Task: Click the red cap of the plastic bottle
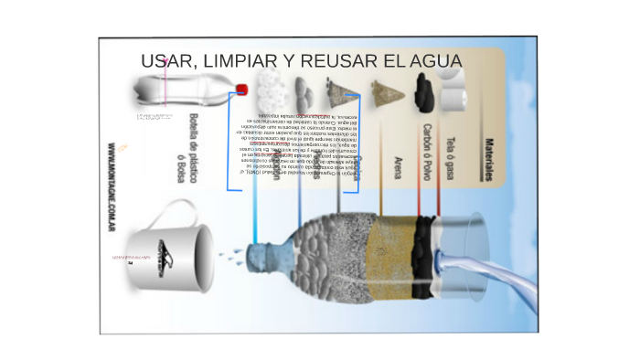[242, 90]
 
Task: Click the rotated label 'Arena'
[396, 168]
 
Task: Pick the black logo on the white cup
[163, 259]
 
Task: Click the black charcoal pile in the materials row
[422, 89]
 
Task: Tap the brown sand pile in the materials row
[385, 90]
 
